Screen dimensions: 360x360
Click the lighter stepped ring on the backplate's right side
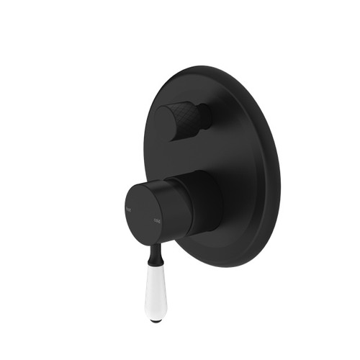[271, 173]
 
